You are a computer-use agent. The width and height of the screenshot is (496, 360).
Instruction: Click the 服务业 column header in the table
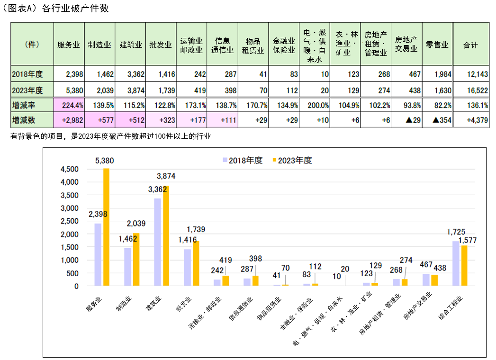pos(69,45)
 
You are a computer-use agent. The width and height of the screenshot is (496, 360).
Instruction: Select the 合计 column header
pos(470,45)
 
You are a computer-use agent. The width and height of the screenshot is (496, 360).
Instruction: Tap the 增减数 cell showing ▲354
pos(437,120)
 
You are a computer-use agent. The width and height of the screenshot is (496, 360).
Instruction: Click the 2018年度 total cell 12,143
pos(471,74)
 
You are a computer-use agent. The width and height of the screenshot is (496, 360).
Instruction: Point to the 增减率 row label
pos(25,105)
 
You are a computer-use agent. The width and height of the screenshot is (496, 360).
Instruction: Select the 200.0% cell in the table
pos(315,105)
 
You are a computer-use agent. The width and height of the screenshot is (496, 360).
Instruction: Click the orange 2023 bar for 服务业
pos(106,227)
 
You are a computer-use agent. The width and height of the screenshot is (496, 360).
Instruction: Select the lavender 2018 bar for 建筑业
pos(157,242)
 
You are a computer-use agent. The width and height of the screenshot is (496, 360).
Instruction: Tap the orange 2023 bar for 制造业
pos(136,260)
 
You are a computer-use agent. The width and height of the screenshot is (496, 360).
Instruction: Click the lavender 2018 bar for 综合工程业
pos(456,263)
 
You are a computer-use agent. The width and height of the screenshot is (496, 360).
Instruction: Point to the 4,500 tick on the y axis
pos(69,169)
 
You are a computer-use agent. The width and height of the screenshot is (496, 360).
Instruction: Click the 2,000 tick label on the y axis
pos(69,234)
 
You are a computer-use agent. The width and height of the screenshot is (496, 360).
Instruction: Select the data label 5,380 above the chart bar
pos(104,161)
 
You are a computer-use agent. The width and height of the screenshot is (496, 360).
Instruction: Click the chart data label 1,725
pos(457,232)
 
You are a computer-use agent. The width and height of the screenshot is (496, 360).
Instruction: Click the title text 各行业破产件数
pos(75,9)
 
